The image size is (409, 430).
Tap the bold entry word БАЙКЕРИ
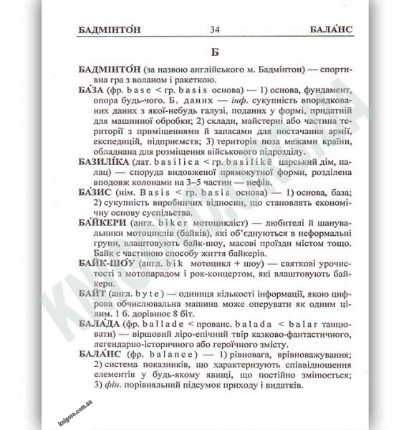coord(103,243)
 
